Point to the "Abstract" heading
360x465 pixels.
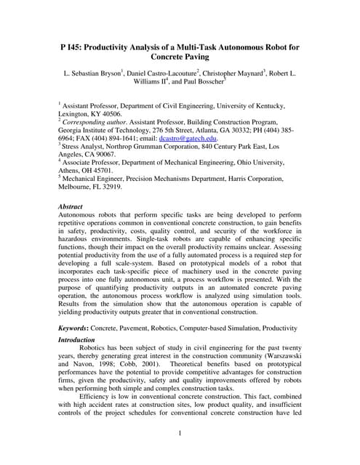coord(71,206)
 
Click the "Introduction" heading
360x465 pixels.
coord(79,339)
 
